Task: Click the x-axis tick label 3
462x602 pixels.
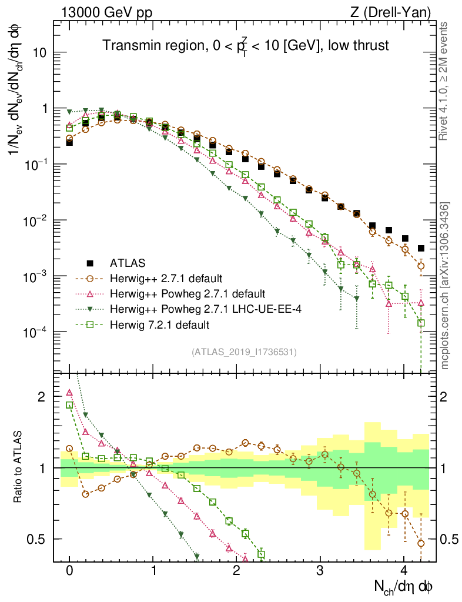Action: pyautogui.click(x=320, y=570)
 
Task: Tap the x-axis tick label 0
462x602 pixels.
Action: pyautogui.click(x=69, y=570)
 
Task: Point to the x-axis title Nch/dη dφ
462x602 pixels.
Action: pyautogui.click(x=404, y=586)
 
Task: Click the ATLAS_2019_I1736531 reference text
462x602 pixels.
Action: pyautogui.click(x=244, y=352)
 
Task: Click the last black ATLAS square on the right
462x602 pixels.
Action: pyautogui.click(x=421, y=248)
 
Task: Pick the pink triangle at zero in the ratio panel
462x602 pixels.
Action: pyautogui.click(x=69, y=393)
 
